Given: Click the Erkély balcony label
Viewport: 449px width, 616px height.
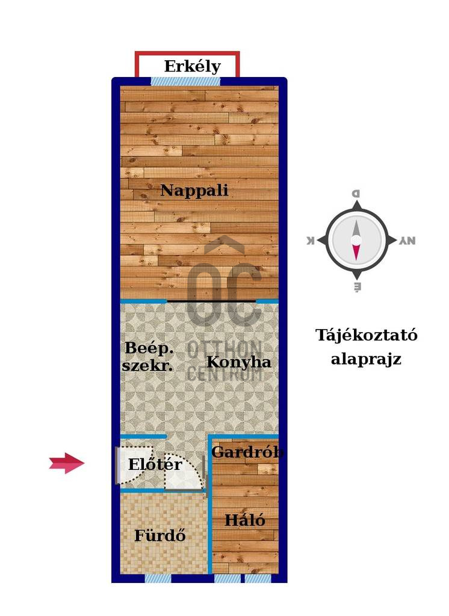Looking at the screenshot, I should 192,66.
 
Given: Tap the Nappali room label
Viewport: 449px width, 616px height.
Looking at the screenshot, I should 194,191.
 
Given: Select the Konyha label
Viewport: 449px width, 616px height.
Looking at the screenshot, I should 239,363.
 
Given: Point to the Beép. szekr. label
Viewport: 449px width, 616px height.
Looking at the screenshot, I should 148,356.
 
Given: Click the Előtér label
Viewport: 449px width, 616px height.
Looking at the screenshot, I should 155,464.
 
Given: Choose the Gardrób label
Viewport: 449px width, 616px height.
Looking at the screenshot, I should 247,452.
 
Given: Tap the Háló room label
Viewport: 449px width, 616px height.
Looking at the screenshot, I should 244,520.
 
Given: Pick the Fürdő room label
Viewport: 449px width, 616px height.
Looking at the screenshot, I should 159,535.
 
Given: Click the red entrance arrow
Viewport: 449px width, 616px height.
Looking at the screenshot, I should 67,463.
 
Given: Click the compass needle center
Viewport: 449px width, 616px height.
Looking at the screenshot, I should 356,240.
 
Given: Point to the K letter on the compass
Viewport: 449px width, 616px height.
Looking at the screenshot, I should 311,241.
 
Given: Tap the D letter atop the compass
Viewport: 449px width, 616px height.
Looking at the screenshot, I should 356,194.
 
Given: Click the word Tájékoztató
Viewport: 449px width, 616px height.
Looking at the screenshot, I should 366,335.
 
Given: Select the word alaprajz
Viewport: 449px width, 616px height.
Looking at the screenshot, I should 366,360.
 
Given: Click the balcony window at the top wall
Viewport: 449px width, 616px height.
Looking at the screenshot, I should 185,81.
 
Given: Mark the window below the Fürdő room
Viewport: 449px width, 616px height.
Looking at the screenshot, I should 158,578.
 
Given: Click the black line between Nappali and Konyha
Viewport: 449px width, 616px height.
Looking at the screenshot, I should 211,300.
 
